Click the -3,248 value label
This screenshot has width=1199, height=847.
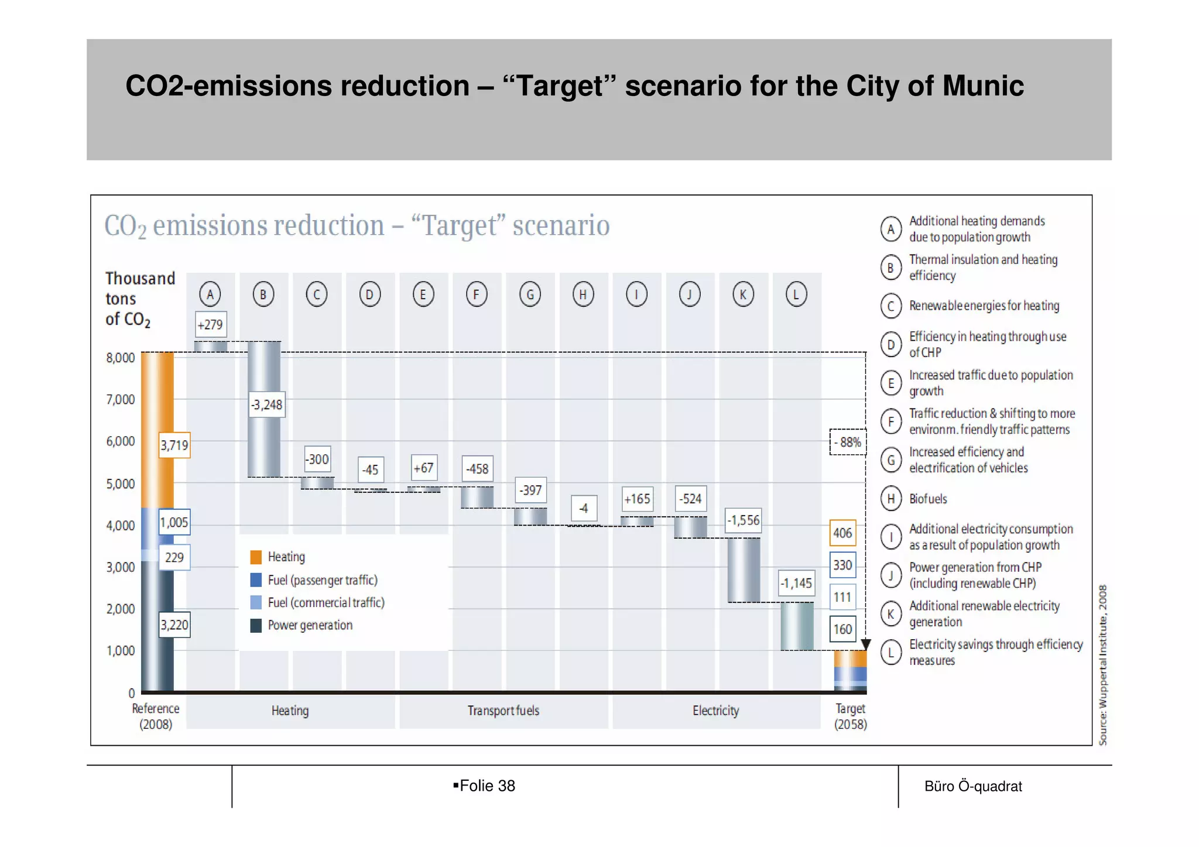pyautogui.click(x=267, y=404)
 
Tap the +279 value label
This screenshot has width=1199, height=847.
pyautogui.click(x=210, y=324)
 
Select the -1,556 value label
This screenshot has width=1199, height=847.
pyautogui.click(x=743, y=520)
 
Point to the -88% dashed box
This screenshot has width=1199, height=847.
pyautogui.click(x=848, y=442)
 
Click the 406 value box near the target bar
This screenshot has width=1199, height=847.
pyautogui.click(x=842, y=533)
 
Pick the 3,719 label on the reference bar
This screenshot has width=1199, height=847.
pyautogui.click(x=174, y=445)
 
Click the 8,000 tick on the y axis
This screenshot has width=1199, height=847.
pyautogui.click(x=121, y=358)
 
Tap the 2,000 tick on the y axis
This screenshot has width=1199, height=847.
pyautogui.click(x=121, y=609)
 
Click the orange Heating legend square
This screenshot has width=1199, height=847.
pyautogui.click(x=256, y=557)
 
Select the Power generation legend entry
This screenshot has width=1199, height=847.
pyautogui.click(x=310, y=625)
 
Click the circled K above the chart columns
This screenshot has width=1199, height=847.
pyautogui.click(x=743, y=294)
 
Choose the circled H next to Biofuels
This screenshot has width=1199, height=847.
pyautogui.click(x=890, y=499)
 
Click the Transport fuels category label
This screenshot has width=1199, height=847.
pyautogui.click(x=503, y=711)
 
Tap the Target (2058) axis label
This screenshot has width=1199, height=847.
pyautogui.click(x=850, y=716)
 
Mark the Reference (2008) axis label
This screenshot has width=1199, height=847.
pyautogui.click(x=156, y=716)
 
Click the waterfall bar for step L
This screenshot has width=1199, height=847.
pyautogui.click(x=797, y=626)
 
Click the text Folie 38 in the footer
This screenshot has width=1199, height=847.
pyautogui.click(x=487, y=786)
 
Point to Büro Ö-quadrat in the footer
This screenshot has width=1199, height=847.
pyautogui.click(x=973, y=786)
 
